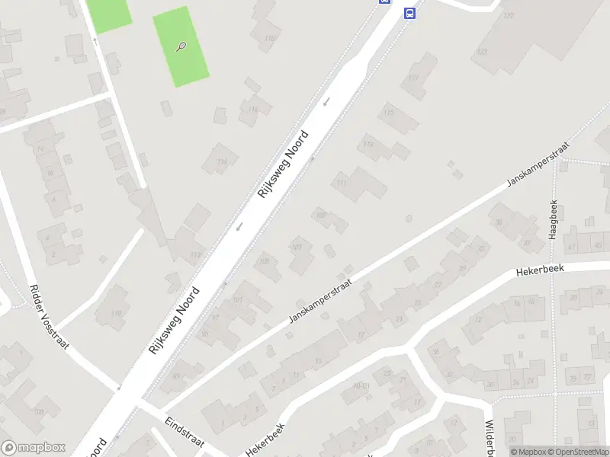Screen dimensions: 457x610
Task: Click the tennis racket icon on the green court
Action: [181, 46]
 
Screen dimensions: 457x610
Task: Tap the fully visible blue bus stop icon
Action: [409, 13]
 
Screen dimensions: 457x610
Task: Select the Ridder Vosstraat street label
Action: [49, 317]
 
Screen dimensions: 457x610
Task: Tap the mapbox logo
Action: [34, 448]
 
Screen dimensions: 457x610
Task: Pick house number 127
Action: [509, 16]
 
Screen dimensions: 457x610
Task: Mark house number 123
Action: [481, 52]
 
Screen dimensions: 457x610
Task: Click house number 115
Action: [390, 113]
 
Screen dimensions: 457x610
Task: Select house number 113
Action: [368, 144]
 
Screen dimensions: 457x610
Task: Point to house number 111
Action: [341, 183]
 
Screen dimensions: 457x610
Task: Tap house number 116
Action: [223, 161]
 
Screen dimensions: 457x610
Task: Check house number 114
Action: [252, 110]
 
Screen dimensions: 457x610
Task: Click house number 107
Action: [297, 247]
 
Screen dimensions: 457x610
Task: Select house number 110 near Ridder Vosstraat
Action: [116, 313]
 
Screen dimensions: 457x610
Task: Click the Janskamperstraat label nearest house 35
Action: [538, 165]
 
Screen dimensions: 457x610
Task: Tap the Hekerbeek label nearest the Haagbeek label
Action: [538, 270]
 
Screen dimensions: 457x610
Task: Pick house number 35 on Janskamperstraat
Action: [499, 222]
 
